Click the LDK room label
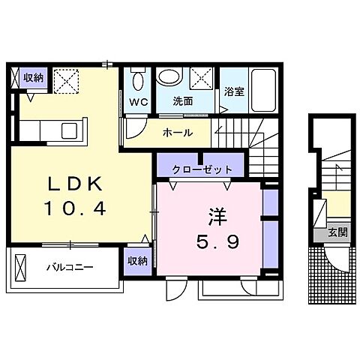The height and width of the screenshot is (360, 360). click(73, 184)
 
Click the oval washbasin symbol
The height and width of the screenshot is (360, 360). click(170, 77)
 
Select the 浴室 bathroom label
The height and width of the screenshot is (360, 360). click(233, 92)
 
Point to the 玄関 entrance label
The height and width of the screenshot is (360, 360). click(336, 234)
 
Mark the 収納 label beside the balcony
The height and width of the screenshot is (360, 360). click(136, 261)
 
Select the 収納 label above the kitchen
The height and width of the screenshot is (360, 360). click(33, 77)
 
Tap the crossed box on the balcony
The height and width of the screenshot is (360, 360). click(19, 267)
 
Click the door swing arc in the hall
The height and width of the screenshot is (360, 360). click(131, 127)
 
